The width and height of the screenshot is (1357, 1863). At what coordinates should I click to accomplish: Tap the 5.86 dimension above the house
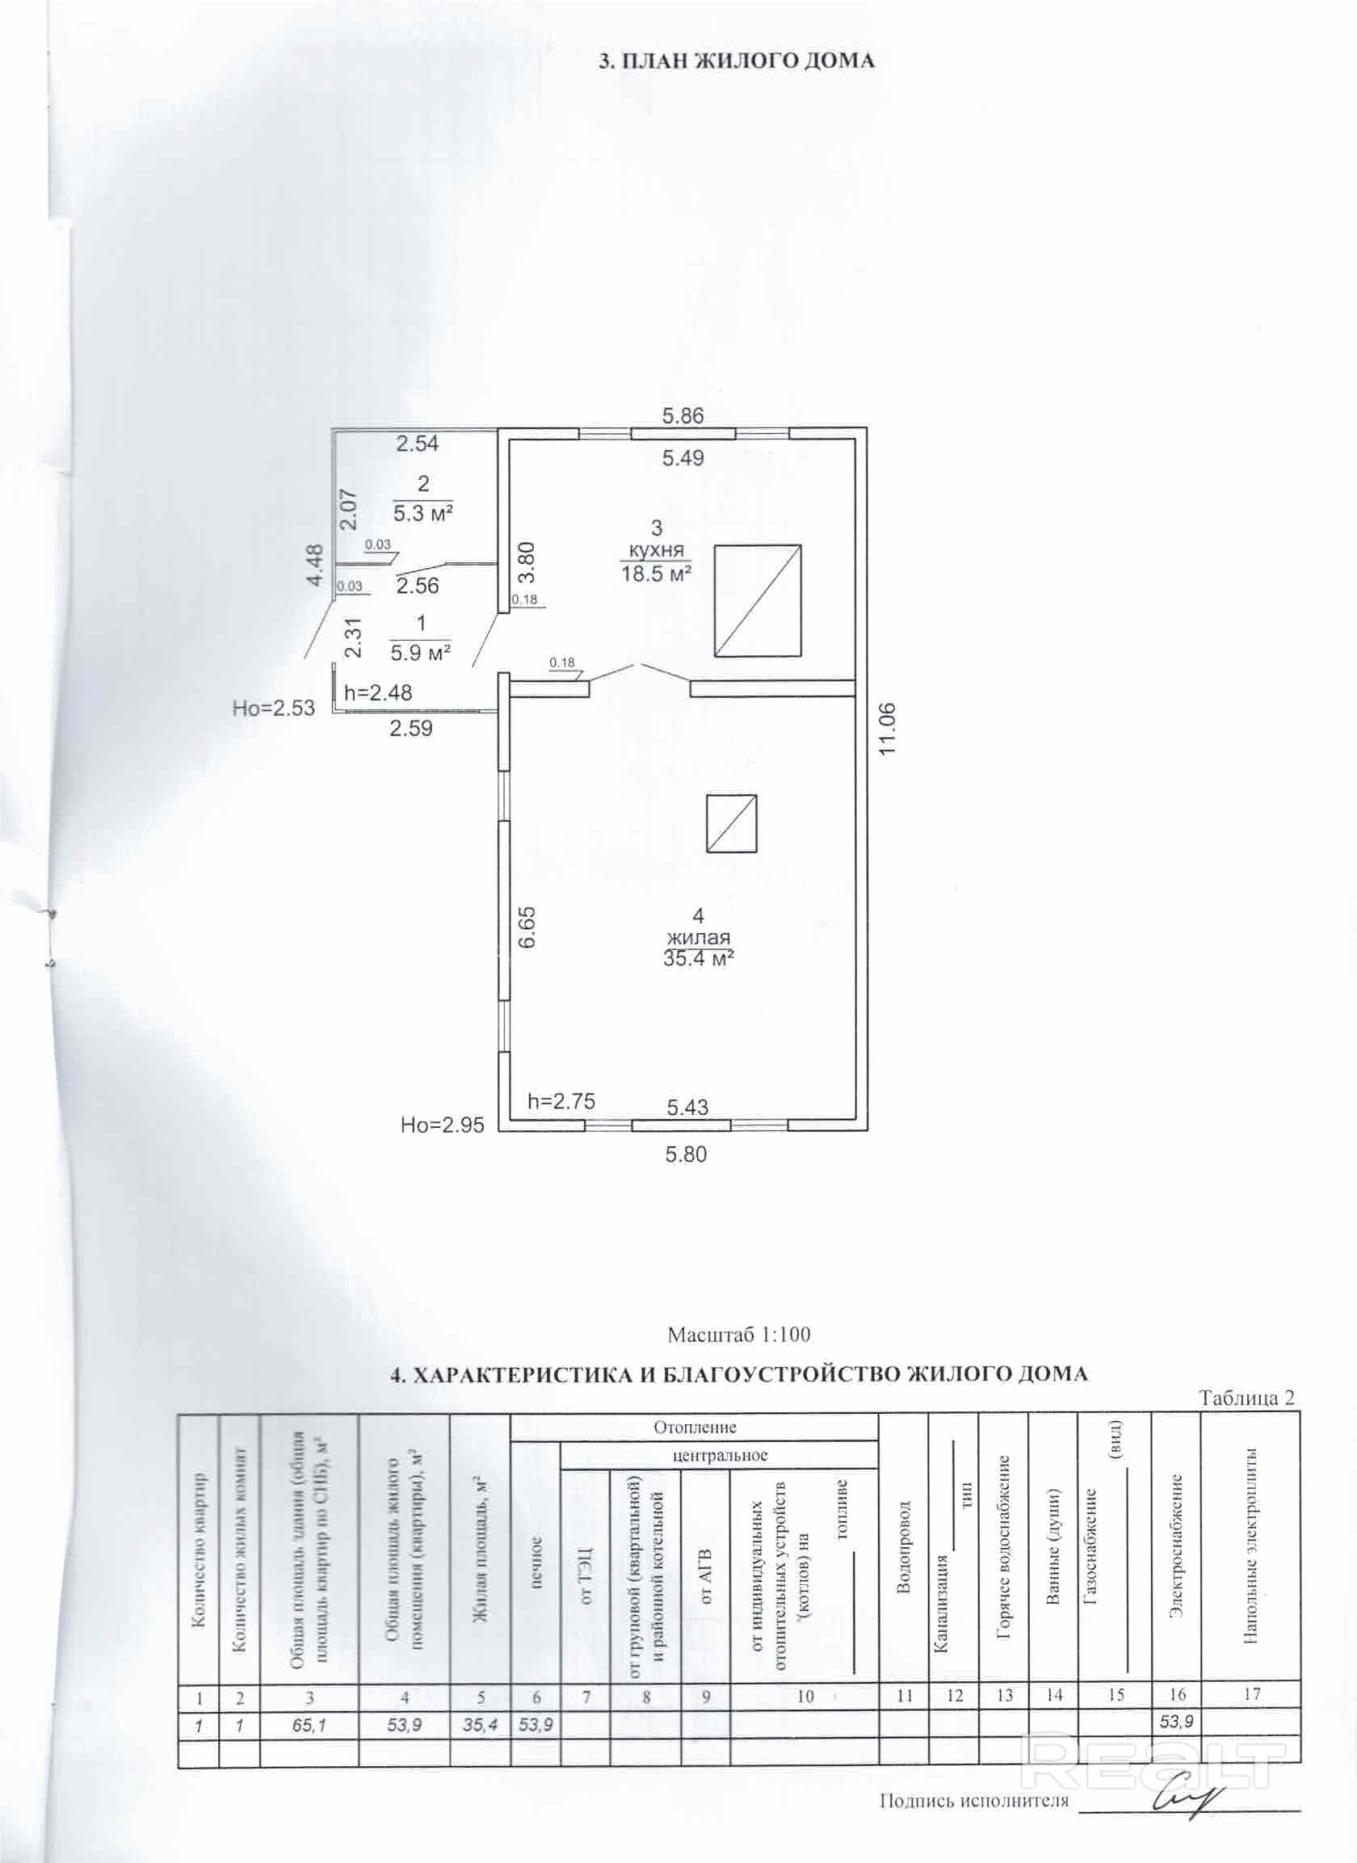pyautogui.click(x=683, y=415)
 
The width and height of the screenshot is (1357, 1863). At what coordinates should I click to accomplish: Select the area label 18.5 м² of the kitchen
pyautogui.click(x=656, y=574)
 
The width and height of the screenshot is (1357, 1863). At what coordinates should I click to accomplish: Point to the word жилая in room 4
pyautogui.click(x=699, y=937)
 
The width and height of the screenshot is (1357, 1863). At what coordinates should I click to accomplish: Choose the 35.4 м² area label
pyautogui.click(x=699, y=958)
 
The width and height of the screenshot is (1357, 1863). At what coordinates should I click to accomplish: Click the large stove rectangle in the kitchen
pyautogui.click(x=757, y=600)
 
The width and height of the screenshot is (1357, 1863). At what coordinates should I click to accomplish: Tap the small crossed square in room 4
pyautogui.click(x=732, y=823)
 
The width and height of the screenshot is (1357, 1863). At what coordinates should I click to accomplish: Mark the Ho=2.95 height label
pyautogui.click(x=442, y=1125)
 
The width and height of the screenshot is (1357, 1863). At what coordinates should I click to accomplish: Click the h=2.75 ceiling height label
pyautogui.click(x=561, y=1100)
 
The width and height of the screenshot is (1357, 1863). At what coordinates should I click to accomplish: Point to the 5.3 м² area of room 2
pyautogui.click(x=424, y=514)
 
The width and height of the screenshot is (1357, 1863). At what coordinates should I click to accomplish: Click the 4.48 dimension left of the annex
pyautogui.click(x=314, y=567)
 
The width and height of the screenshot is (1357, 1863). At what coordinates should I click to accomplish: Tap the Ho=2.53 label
pyautogui.click(x=274, y=708)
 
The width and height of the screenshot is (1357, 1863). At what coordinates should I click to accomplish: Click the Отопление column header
pyautogui.click(x=694, y=1428)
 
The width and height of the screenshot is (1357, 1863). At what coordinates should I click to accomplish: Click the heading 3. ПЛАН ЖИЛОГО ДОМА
pyautogui.click(x=736, y=61)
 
